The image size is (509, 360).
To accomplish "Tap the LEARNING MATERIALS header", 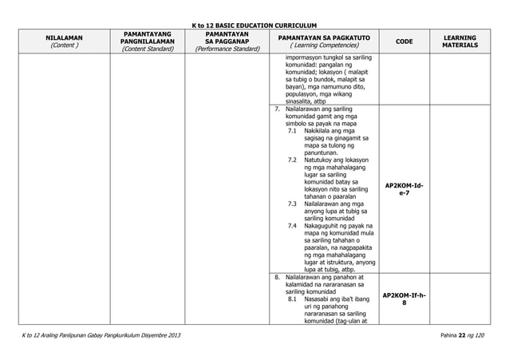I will [x=460, y=42].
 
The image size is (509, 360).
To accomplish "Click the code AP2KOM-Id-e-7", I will [x=404, y=189].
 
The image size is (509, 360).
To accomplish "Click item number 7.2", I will [x=293, y=160].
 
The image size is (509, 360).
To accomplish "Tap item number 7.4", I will [x=293, y=225].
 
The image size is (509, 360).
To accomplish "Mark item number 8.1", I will [x=293, y=299].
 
